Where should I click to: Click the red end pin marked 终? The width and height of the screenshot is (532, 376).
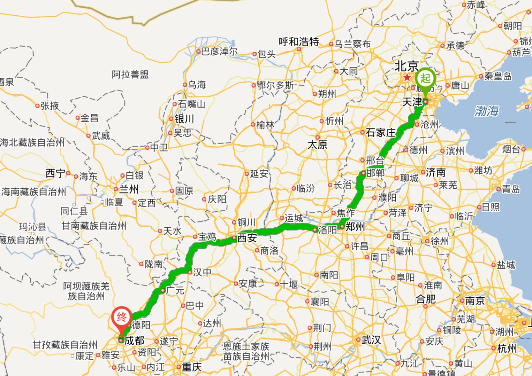(121, 317)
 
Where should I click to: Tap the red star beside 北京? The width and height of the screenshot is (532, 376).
(407, 77)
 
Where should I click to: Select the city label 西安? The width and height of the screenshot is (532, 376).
(247, 238)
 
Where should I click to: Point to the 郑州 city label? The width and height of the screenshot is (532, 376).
(355, 227)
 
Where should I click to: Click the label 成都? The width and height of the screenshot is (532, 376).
(134, 340)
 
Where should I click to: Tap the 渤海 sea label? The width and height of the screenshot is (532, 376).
(486, 111)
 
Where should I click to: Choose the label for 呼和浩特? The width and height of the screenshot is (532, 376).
(299, 42)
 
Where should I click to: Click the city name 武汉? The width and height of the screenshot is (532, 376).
(371, 339)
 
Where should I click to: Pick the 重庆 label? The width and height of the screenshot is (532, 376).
(192, 367)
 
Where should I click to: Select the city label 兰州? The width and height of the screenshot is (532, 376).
(129, 189)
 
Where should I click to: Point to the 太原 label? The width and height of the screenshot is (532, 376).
(317, 144)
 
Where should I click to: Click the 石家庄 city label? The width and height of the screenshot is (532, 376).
(381, 132)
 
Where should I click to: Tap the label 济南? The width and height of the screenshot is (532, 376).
(436, 172)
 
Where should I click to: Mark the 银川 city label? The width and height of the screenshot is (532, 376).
(184, 119)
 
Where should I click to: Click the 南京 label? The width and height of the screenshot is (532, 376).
(475, 301)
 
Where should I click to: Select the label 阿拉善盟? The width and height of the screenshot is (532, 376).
(130, 74)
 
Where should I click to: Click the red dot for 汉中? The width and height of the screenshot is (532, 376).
(190, 272)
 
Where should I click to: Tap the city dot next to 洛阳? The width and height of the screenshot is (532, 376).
(315, 230)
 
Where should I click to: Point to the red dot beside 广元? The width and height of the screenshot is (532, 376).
(163, 290)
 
